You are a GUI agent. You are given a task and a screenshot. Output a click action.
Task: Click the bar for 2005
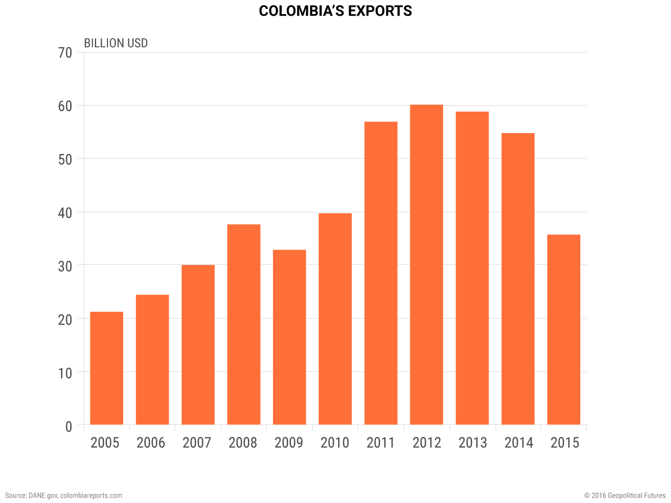[x=106, y=368]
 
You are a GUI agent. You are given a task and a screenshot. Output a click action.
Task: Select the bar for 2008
[x=244, y=324]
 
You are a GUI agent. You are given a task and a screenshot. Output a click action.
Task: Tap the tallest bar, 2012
[x=426, y=265]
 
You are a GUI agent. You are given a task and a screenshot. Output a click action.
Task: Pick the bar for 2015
[x=564, y=330]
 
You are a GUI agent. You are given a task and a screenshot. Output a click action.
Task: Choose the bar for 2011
[x=381, y=273]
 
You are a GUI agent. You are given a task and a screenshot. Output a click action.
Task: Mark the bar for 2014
[x=518, y=279]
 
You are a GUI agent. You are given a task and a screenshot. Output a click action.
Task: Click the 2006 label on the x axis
[x=151, y=443]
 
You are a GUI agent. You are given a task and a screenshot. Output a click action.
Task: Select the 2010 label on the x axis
[x=334, y=443]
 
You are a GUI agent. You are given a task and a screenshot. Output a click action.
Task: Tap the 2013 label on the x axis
[x=472, y=443]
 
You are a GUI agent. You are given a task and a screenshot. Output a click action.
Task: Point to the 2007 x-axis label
[x=197, y=443]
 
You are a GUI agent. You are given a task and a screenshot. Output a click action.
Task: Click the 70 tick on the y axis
[x=66, y=53]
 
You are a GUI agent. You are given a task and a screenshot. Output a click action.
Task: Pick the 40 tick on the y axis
[x=66, y=213]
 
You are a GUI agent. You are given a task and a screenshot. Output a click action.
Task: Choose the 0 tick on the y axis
[x=69, y=427]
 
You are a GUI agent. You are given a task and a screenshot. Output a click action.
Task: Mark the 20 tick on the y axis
[x=66, y=320]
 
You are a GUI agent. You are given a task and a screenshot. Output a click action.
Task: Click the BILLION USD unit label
[x=116, y=43]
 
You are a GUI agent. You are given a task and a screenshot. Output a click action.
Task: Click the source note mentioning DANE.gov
[x=64, y=495]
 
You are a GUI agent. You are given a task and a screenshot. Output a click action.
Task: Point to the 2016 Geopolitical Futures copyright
[x=625, y=495]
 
